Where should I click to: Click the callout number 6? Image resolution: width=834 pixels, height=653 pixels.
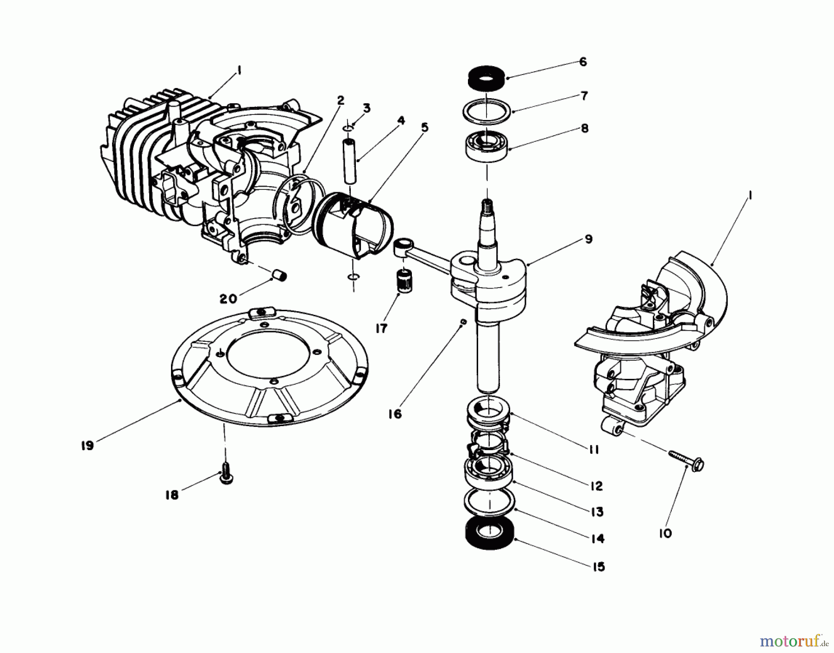coord(583,62)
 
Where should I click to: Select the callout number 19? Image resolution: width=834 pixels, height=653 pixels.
coord(87,446)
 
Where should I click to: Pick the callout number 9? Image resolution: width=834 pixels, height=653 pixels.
coord(588,239)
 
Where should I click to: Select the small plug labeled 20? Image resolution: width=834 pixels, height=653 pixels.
coord(279,276)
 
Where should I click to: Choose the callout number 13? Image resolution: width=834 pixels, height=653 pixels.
coord(597,512)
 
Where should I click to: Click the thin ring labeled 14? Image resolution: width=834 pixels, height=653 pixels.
coord(490,505)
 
